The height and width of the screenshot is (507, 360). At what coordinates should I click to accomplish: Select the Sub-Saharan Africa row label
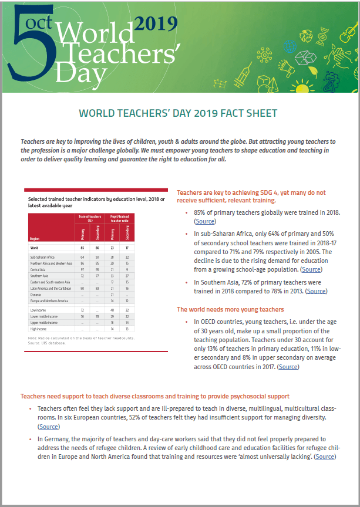click(x=42, y=258)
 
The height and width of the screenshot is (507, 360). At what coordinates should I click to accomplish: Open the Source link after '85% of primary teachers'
click(x=205, y=221)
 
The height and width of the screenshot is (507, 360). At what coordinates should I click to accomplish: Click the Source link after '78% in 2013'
click(x=316, y=291)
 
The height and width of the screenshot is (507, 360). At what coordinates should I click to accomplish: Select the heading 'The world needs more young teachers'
click(x=230, y=309)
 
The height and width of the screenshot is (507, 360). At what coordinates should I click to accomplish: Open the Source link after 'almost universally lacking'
click(x=325, y=456)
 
